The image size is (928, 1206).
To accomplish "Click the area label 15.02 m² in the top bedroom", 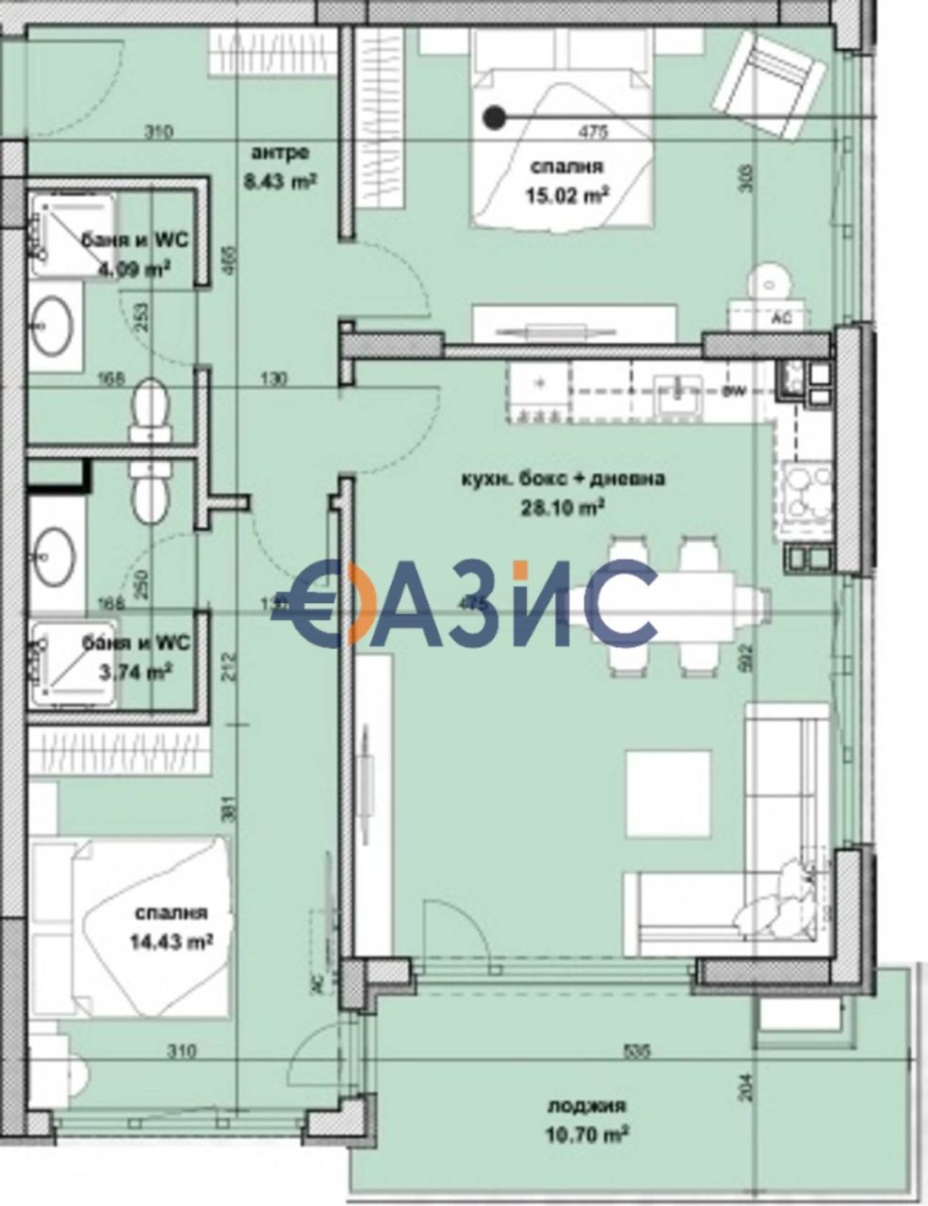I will (566, 196).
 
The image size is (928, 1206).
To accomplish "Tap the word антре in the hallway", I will (280, 153).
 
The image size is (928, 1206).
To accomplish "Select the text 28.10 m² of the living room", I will (562, 507).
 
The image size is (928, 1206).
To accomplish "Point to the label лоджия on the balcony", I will (587, 1107).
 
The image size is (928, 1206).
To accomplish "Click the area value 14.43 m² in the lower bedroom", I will (171, 940).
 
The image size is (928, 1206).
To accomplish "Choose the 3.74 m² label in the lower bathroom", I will (136, 672).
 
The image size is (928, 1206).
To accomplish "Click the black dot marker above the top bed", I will (493, 117).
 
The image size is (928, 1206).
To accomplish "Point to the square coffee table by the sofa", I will (668, 792).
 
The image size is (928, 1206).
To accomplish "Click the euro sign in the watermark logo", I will (313, 604).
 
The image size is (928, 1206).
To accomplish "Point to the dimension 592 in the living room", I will (748, 652).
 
